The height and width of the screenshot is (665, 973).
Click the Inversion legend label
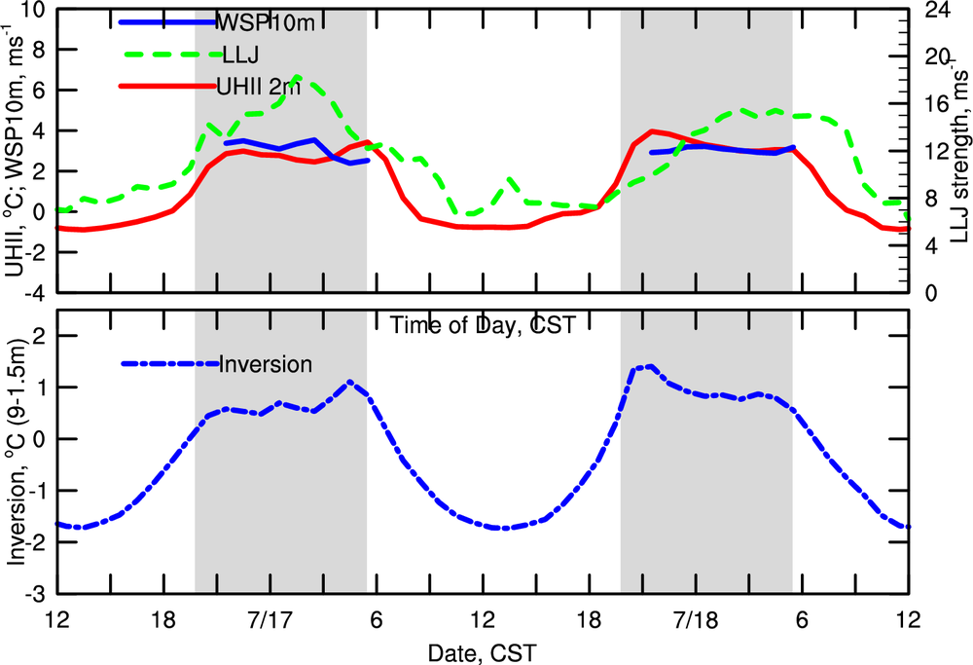(x=266, y=364)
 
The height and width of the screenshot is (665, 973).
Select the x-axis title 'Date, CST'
(x=482, y=647)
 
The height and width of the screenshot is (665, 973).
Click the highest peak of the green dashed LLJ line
(x=297, y=76)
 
